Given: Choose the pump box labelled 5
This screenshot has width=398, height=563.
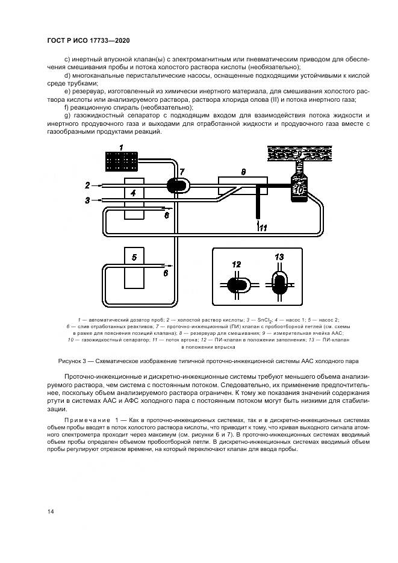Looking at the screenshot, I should [x=133, y=267].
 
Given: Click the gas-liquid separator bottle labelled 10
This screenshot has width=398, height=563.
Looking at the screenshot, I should [x=299, y=187].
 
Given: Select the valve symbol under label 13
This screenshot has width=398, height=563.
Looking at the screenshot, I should [x=279, y=282].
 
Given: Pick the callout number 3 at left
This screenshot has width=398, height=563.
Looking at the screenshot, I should [x=88, y=200].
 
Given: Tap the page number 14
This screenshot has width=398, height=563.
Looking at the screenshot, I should [x=51, y=511].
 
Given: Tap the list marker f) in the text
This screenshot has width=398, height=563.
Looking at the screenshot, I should [x=66, y=107].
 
